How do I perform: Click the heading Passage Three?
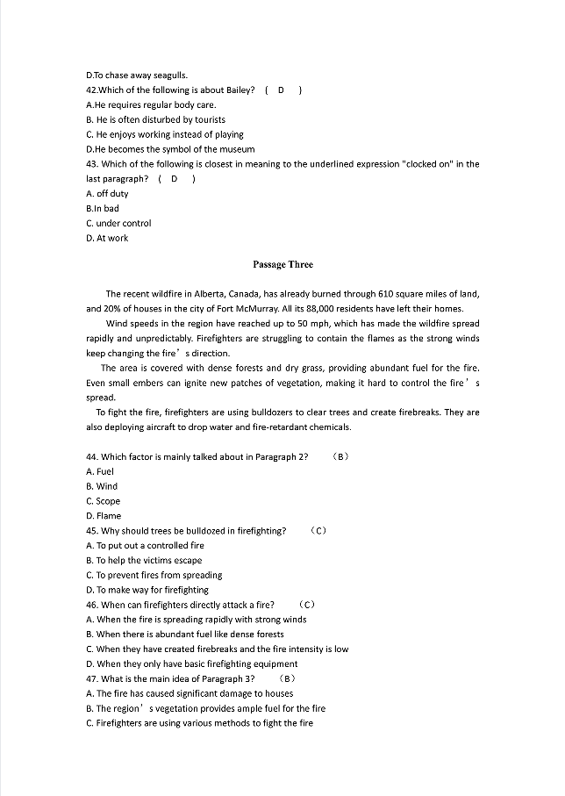tap(282, 264)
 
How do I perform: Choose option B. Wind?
tap(102, 486)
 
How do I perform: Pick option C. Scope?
tap(104, 501)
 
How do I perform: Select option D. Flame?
tap(104, 516)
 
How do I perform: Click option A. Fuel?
tap(100, 471)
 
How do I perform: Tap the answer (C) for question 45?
tap(319, 531)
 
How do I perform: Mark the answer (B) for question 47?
tap(287, 678)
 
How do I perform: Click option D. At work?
tap(107, 238)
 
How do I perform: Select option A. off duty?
tap(107, 193)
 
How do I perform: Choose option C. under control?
tap(118, 223)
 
